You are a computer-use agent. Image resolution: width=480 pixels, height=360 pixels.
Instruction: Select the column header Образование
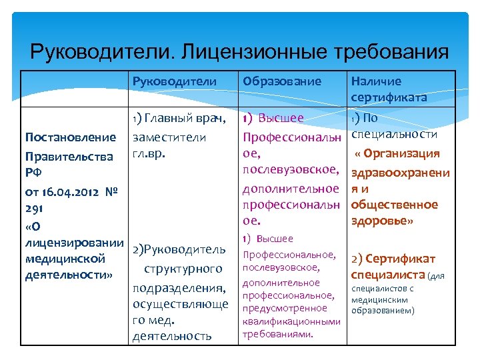282,81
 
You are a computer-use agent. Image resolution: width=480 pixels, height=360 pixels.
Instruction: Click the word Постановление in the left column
70,137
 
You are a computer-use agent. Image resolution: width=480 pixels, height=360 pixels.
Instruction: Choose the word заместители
169,137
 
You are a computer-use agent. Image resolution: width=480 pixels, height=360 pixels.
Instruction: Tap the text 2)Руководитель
179,249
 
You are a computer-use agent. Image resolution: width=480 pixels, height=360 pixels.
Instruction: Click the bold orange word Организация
401,153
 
